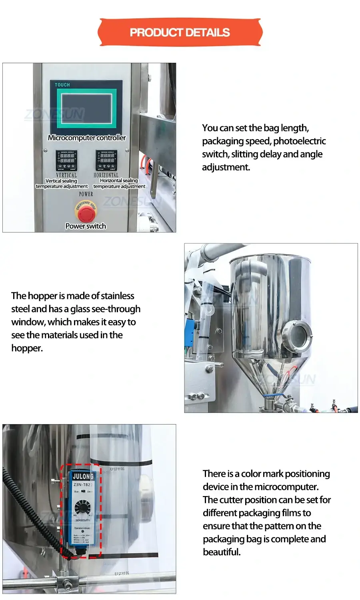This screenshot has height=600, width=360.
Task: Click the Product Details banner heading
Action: point(180,32)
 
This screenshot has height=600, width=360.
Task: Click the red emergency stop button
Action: point(86,212)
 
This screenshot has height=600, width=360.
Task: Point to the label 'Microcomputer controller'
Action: point(87,138)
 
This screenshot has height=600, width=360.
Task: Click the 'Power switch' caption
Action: point(86,226)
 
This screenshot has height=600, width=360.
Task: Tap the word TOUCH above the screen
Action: point(62,85)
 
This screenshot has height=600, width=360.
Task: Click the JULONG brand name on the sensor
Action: point(83,476)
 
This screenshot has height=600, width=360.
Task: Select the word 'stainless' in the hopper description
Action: point(118,296)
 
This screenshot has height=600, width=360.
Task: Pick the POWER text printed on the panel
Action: point(86,194)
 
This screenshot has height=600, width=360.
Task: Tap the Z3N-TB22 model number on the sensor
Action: point(82,484)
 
